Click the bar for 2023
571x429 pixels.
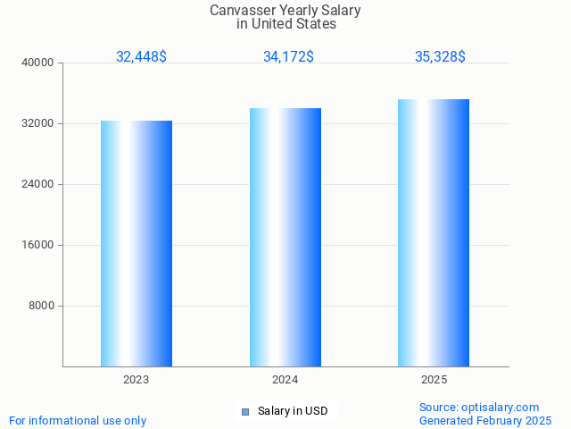[x=137, y=243]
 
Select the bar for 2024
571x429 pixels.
[x=285, y=237]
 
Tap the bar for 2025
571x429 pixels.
[x=434, y=232]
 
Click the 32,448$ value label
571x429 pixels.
[x=141, y=56]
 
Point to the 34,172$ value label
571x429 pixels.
[x=288, y=56]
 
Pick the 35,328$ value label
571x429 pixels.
[x=440, y=56]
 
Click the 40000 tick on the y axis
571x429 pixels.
[x=38, y=63]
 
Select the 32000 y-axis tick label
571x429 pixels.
[x=38, y=123]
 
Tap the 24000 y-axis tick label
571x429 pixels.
[x=38, y=184]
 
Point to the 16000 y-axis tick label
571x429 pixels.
[x=38, y=245]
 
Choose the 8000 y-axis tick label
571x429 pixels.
[x=41, y=306]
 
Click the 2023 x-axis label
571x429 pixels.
[x=137, y=380]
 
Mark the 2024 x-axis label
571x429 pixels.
[x=285, y=380]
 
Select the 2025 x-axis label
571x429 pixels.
[x=434, y=380]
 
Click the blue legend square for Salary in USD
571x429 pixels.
[x=244, y=411]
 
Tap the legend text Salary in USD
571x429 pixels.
[x=293, y=411]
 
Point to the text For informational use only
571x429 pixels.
[x=78, y=420]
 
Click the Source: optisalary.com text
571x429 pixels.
[x=479, y=407]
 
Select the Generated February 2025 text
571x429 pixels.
[x=485, y=420]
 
